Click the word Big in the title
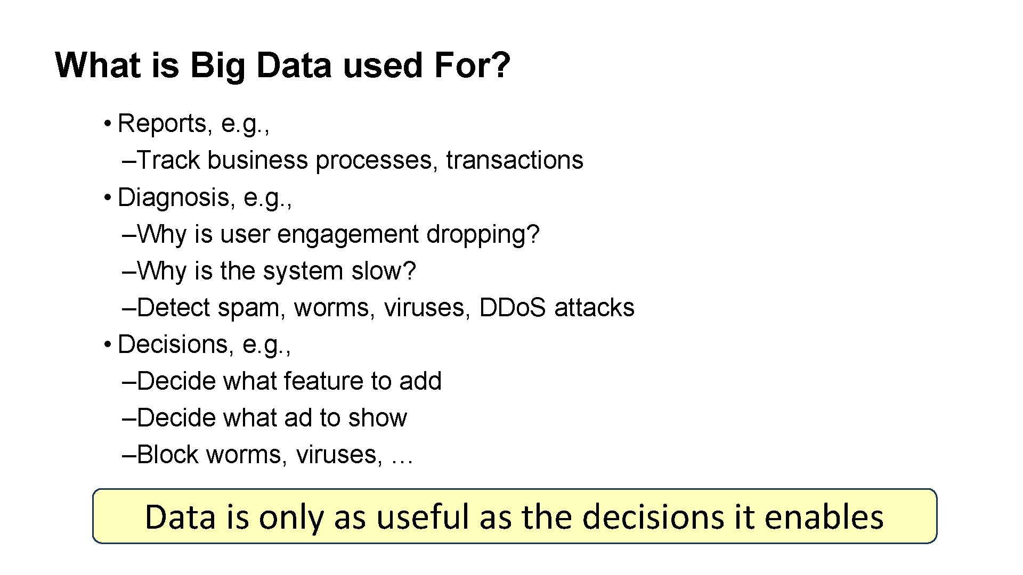point(217,66)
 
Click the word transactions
point(515,160)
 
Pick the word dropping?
point(483,234)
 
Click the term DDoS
point(513,308)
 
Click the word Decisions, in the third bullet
point(176,344)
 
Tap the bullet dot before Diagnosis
point(107,198)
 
